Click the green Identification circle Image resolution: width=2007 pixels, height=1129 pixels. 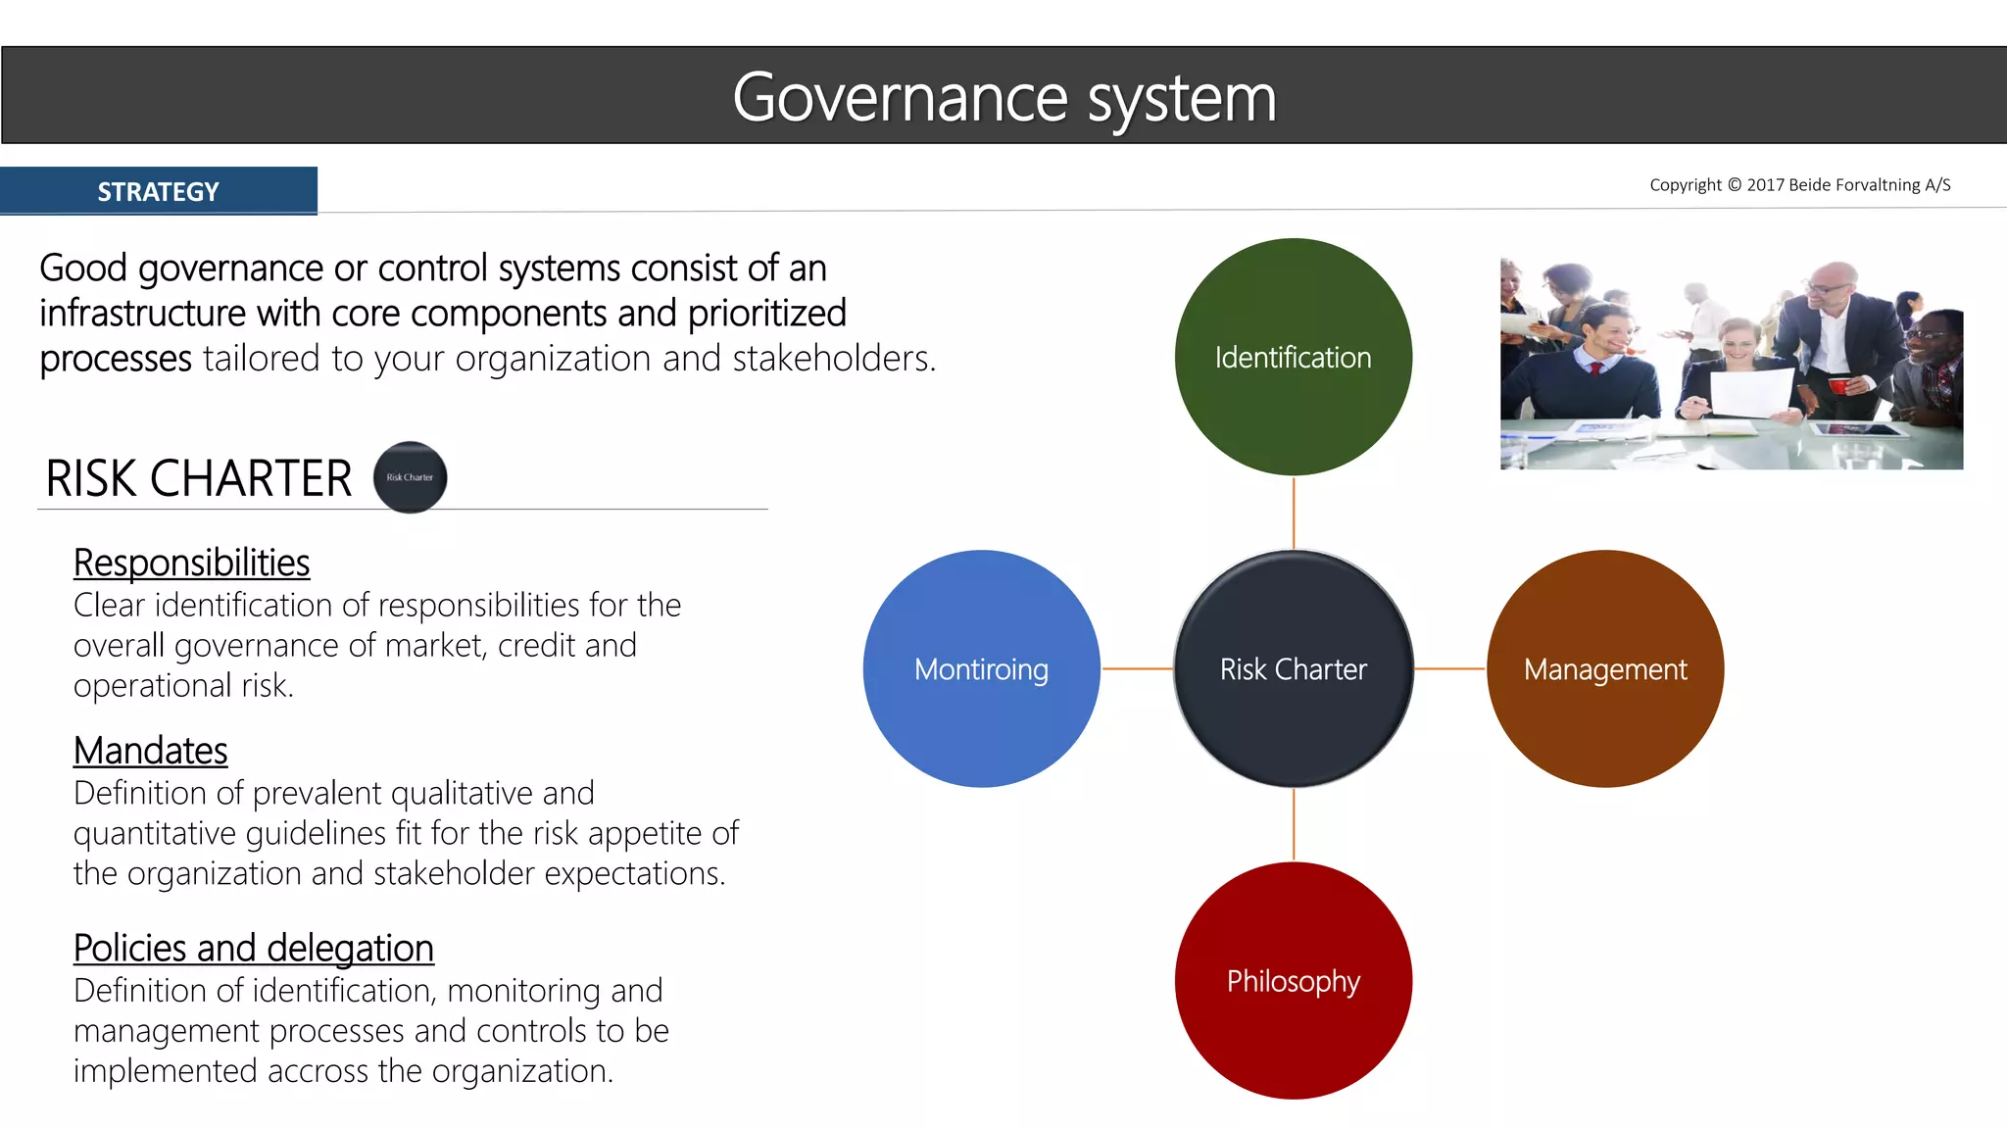pyautogui.click(x=1293, y=357)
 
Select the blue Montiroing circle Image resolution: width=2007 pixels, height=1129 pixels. pyautogui.click(x=981, y=668)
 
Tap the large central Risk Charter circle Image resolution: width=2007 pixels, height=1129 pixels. pyautogui.click(x=1293, y=668)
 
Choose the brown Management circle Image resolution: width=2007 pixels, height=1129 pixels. pyautogui.click(x=1604, y=668)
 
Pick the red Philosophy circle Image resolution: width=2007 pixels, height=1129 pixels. pyautogui.click(x=1293, y=980)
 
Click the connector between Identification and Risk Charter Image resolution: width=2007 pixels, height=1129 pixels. pyautogui.click(x=1294, y=513)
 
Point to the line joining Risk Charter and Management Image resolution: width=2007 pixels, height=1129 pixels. pyautogui.click(x=1449, y=668)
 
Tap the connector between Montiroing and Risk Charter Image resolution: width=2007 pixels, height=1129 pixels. pyautogui.click(x=1137, y=668)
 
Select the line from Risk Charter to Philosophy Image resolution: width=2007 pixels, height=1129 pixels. pyautogui.click(x=1294, y=824)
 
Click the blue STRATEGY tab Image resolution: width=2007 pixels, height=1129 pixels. pyautogui.click(x=159, y=191)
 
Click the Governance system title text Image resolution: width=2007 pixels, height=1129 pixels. pyautogui.click(x=1003, y=97)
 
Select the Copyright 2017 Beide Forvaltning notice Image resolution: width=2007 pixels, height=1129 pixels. pyautogui.click(x=1799, y=185)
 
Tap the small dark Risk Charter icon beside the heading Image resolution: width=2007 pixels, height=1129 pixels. pyautogui.click(x=410, y=477)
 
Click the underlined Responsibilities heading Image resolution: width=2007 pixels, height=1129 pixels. pyautogui.click(x=191, y=563)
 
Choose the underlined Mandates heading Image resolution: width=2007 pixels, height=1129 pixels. pyautogui.click(x=150, y=751)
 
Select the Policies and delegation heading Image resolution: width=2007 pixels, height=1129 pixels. pyautogui.click(x=253, y=948)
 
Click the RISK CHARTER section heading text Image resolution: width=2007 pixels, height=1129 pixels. pyautogui.click(x=198, y=478)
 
